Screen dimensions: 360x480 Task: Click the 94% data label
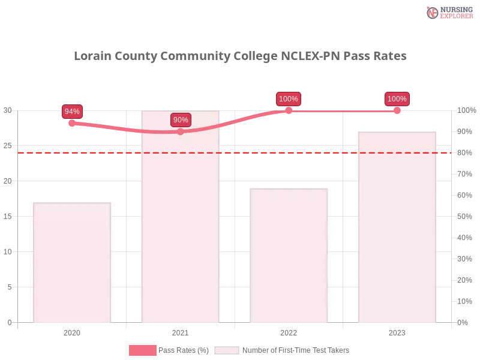click(x=72, y=111)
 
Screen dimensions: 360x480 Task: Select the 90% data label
click(x=181, y=120)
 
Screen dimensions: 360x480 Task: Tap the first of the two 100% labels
click(x=289, y=99)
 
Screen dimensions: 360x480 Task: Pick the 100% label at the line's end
click(x=397, y=99)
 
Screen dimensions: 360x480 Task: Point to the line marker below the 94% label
click(x=72, y=122)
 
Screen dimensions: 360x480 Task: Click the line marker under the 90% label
click(x=181, y=131)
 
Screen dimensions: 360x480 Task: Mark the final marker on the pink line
click(x=397, y=110)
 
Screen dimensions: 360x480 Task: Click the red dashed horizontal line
click(x=240, y=152)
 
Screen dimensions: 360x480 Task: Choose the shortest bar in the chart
click(x=72, y=264)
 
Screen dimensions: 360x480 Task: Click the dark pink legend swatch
click(x=142, y=350)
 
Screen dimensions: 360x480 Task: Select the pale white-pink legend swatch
click(x=227, y=350)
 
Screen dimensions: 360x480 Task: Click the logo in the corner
click(x=448, y=13)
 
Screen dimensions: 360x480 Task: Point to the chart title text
click(x=240, y=56)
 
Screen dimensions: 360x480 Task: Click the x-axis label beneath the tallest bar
click(x=180, y=331)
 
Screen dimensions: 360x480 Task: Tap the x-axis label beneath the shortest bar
click(x=72, y=331)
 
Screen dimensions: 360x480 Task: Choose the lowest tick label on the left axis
click(x=9, y=322)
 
